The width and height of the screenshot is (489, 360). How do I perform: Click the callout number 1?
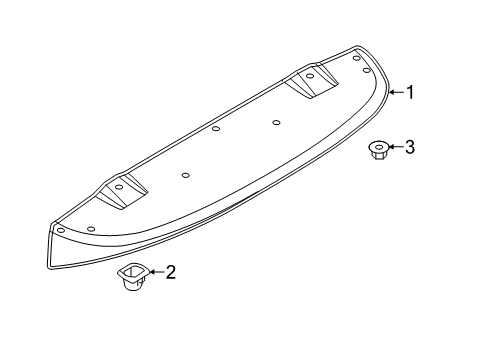pos(408,93)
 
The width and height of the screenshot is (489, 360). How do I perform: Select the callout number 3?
pos(408,147)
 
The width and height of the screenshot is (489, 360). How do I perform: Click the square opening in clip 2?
pos(131,270)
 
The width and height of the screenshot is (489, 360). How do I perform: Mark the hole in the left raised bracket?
pos(118,186)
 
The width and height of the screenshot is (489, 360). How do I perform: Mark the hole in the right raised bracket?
pos(310,75)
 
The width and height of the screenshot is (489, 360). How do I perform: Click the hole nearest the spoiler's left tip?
pos(60,229)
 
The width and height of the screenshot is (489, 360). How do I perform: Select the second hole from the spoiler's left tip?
pos(91,229)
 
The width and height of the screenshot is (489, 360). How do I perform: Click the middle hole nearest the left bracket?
pos(186,174)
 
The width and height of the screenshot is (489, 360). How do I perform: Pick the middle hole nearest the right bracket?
pos(275,122)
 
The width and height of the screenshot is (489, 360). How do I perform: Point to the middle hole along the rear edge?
pos(216,128)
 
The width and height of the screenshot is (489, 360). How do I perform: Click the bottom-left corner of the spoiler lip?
pos(49,267)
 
